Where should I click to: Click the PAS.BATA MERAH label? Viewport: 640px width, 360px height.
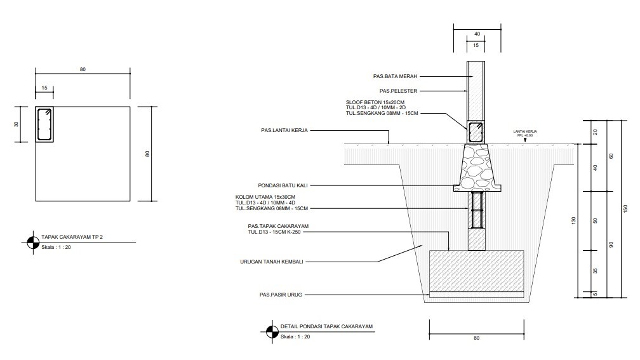point(395,76)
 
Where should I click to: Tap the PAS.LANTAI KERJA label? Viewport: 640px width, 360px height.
point(284,131)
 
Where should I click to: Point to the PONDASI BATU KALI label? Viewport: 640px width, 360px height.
point(283,185)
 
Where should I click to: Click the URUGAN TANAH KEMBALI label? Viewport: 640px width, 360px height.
point(272,262)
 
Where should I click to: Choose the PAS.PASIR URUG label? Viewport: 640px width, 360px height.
point(281,295)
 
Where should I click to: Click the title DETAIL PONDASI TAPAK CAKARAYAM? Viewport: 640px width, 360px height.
point(326,326)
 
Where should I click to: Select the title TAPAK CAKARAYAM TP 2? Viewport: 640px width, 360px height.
point(72,237)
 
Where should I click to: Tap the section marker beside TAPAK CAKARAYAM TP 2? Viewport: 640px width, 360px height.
point(33,243)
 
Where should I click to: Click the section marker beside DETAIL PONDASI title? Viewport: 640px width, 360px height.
point(272,332)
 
